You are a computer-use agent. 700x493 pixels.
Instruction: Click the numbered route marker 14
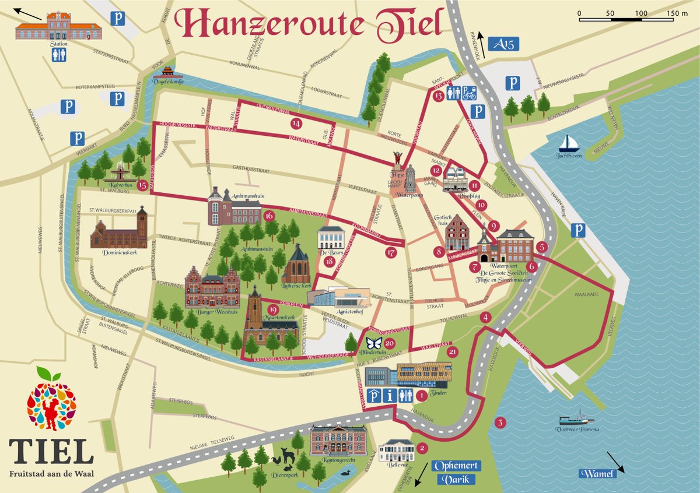297,123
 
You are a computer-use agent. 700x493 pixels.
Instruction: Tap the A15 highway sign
506,44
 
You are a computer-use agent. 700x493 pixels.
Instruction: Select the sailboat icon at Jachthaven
569,143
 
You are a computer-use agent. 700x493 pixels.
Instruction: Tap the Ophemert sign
454,466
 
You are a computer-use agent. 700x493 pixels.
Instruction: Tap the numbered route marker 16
269,216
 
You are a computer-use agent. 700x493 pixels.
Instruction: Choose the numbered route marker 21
453,351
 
